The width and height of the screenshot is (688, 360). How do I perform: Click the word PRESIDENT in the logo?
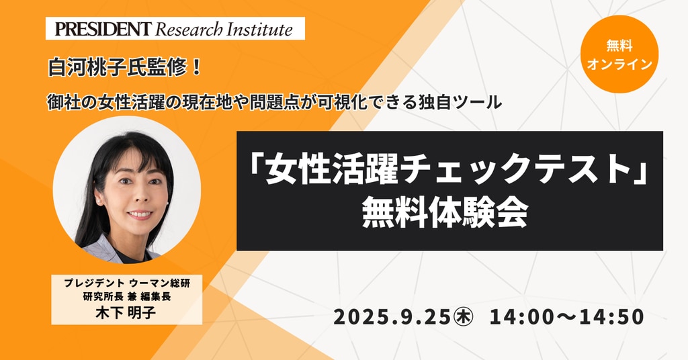point(103,30)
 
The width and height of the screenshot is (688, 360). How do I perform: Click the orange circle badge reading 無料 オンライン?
point(619,54)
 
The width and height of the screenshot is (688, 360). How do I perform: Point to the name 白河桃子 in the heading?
point(87,69)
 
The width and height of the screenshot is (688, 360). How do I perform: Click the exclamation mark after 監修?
point(197,69)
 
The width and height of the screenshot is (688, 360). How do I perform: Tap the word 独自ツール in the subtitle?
point(458,103)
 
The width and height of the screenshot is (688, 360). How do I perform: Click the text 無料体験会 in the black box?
point(444,214)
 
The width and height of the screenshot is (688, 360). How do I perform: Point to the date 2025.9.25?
point(392,317)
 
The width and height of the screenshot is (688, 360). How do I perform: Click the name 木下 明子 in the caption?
point(126,312)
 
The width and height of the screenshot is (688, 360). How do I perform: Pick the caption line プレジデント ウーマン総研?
point(127,283)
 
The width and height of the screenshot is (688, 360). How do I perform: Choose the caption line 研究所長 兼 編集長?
point(127,297)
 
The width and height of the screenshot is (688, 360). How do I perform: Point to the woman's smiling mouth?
point(140,215)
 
